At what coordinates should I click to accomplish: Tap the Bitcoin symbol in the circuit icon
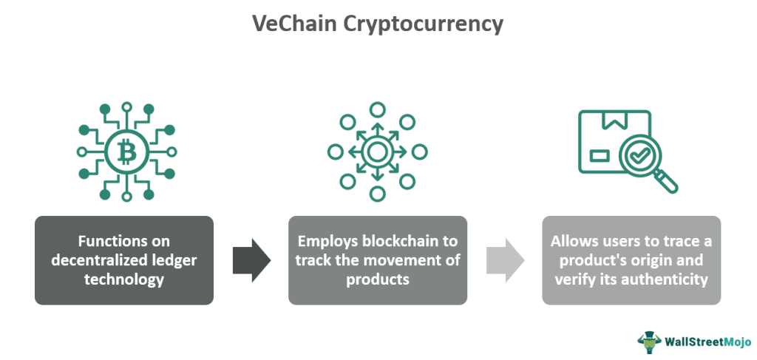pyautogui.click(x=123, y=151)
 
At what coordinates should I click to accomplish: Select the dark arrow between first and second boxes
pyautogui.click(x=251, y=260)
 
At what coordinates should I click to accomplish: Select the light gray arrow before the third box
pyautogui.click(x=505, y=260)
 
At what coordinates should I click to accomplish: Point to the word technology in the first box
pyautogui.click(x=124, y=279)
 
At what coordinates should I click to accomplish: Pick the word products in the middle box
pyautogui.click(x=378, y=279)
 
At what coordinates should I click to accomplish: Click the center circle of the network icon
pyautogui.click(x=377, y=152)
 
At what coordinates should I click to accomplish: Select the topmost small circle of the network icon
pyautogui.click(x=377, y=109)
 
